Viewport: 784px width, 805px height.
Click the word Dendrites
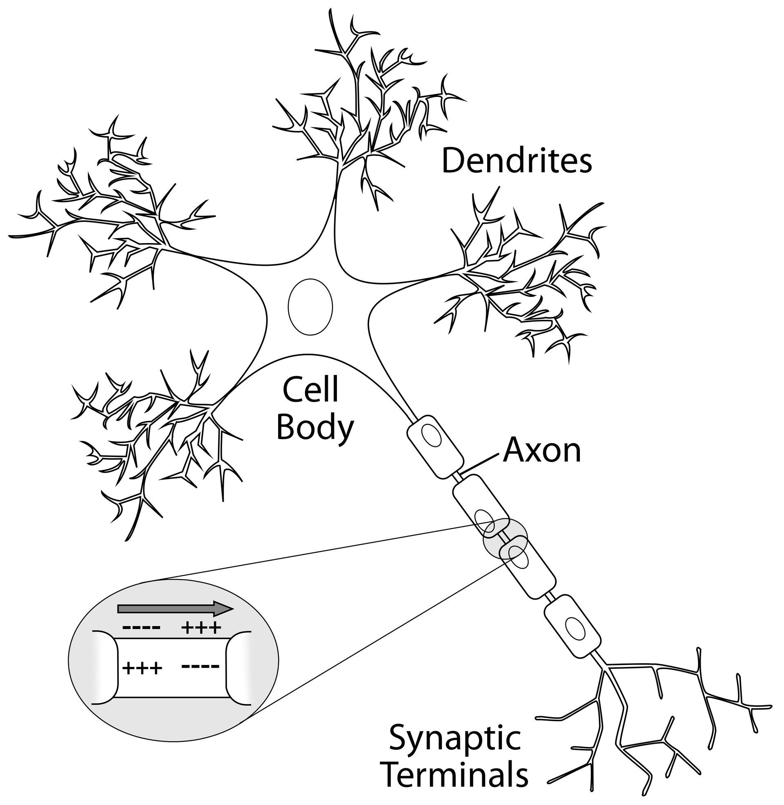[517, 161]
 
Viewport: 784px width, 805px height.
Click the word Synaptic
[454, 738]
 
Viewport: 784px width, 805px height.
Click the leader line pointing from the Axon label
[482, 464]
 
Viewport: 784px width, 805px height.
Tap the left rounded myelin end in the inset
[105, 668]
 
